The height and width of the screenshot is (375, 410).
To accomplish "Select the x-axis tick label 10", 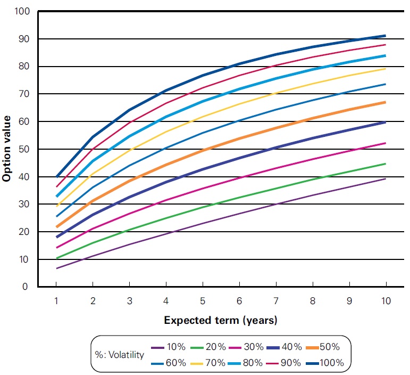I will point(386,301).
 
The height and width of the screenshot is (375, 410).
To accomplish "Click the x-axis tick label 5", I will point(202,301).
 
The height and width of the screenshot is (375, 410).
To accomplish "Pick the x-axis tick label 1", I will point(56,301).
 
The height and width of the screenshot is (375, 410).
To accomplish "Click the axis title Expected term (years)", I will point(221,320).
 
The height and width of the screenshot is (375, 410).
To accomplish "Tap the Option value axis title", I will point(7,149).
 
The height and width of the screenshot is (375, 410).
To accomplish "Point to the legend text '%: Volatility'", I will point(119,355).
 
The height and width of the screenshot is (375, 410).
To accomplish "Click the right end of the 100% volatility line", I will point(386,36).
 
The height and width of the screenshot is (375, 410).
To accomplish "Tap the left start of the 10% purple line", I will point(56,268).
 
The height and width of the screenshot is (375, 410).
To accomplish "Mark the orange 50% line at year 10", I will point(386,102).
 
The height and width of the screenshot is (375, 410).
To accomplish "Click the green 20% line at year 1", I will point(56,258).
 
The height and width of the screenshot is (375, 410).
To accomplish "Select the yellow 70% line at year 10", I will point(386,68).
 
